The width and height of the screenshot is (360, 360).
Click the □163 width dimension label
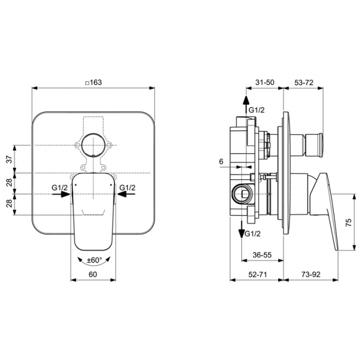tap(94, 82)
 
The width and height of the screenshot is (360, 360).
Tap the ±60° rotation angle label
tap(94, 260)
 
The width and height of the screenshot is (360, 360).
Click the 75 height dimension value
tap(349, 222)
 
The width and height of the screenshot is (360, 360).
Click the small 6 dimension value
tap(221, 162)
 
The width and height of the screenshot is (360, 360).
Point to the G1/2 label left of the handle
tap(58, 187)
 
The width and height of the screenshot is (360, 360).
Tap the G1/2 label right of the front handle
tap(128, 187)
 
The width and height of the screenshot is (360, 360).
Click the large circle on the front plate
tap(93, 144)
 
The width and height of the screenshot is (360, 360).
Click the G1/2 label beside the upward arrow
tap(256, 111)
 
